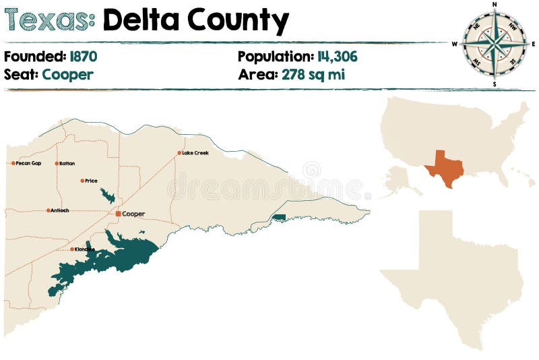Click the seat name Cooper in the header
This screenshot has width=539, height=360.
click(x=67, y=74)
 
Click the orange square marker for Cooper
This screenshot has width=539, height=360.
click(x=118, y=214)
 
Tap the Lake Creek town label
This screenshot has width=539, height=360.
click(x=195, y=153)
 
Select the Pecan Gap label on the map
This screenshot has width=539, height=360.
click(x=28, y=163)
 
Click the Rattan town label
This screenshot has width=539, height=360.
click(x=67, y=163)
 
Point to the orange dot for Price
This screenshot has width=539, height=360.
click(x=82, y=181)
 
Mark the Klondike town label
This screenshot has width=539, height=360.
click(x=85, y=249)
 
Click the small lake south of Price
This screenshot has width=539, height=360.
click(x=107, y=196)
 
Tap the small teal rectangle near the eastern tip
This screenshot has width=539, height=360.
click(x=278, y=217)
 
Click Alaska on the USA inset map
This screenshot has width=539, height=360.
click(x=400, y=180)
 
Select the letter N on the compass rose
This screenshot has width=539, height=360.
click(x=495, y=5)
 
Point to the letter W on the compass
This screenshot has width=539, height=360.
click(x=455, y=44)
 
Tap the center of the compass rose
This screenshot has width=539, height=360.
click(x=495, y=44)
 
